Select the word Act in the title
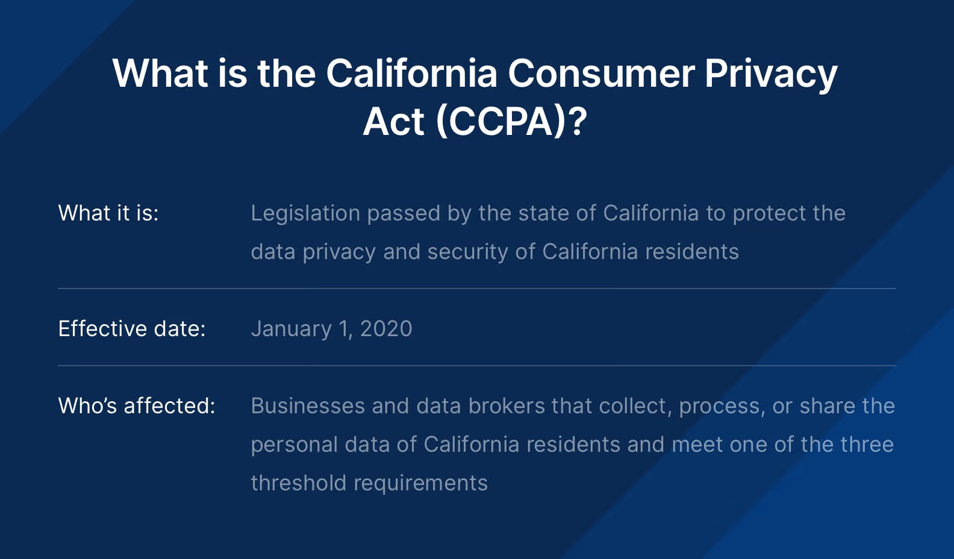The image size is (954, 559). [x=393, y=122]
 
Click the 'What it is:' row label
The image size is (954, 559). [x=108, y=213]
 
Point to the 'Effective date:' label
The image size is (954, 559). [x=132, y=328]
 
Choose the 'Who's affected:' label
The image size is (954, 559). [x=137, y=405]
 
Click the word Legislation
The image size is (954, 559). [x=305, y=213]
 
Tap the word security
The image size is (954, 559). [x=467, y=252]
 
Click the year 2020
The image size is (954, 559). [x=386, y=329]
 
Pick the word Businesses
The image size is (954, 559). [x=308, y=405]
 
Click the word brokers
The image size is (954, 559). [x=507, y=405]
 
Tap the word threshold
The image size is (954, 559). [x=299, y=483]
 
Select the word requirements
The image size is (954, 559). [x=421, y=484]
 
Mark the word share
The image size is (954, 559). [x=828, y=405]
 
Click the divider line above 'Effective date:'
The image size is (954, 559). [x=477, y=289]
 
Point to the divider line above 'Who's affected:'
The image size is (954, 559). [x=477, y=366]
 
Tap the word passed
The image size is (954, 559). [x=404, y=213]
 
